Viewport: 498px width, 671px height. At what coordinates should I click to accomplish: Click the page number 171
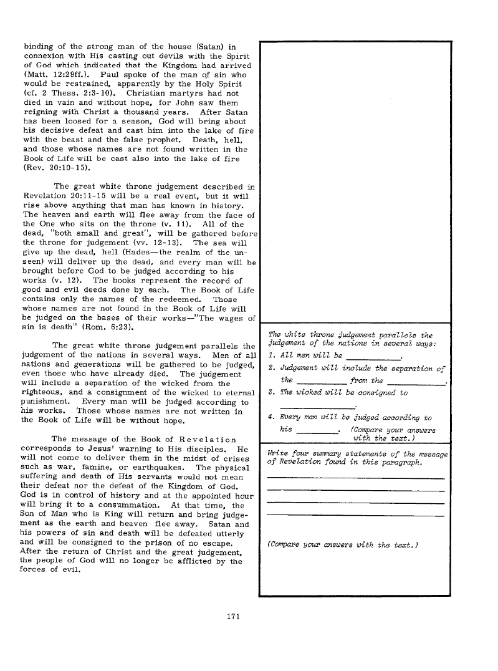pos(234,617)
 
